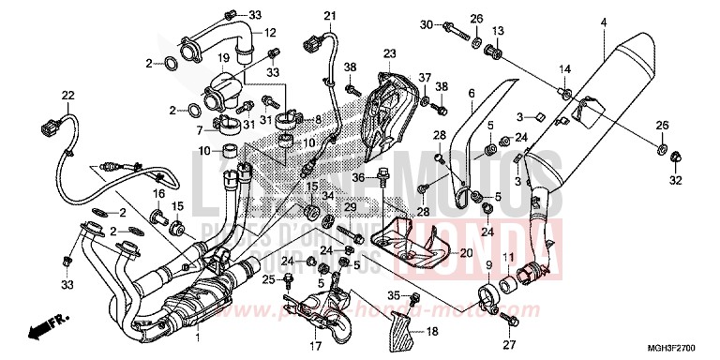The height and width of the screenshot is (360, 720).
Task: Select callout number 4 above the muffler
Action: coord(604,22)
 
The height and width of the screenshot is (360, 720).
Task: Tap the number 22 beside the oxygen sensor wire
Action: coord(67,95)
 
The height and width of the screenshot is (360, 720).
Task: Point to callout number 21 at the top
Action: coord(329,15)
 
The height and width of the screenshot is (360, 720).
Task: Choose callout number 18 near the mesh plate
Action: coord(432,332)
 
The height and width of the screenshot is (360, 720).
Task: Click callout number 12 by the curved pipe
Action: coord(270,33)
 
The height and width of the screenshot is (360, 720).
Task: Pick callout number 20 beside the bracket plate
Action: coord(466,253)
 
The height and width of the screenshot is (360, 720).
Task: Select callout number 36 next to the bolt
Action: coord(358,176)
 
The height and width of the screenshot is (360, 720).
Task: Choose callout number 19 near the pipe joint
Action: coord(224,58)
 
